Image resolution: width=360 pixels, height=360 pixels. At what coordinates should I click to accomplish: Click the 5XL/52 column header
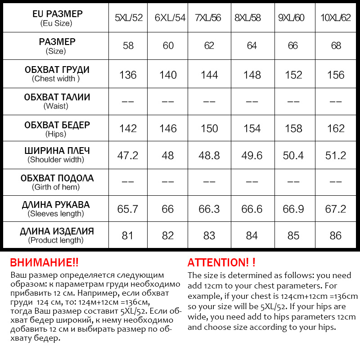click(129, 18)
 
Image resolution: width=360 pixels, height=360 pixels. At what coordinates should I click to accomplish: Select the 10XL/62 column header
click(335, 18)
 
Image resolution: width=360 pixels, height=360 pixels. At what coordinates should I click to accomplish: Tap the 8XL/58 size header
click(251, 18)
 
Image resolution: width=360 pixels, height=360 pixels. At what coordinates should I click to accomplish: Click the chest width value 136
click(128, 75)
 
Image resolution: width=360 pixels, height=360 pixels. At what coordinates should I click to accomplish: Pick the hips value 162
click(336, 129)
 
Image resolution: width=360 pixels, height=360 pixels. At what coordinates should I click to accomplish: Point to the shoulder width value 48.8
click(209, 156)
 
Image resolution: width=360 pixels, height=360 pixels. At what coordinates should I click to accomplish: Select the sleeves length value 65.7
click(128, 209)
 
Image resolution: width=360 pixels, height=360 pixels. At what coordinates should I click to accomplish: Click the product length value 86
click(336, 235)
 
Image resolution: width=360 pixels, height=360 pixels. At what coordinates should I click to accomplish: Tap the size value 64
click(252, 46)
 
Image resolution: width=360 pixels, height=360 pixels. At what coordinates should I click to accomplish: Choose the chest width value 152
click(293, 75)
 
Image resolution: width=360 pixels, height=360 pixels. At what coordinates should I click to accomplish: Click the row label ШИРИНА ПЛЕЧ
click(56, 151)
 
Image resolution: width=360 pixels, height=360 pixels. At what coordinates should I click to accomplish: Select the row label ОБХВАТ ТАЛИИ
click(56, 97)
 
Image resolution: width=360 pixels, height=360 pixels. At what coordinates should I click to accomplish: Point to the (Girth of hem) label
click(56, 187)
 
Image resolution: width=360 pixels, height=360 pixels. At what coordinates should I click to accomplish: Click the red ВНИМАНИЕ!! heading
click(44, 263)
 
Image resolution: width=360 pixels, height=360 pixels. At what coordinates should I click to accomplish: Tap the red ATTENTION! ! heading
click(221, 263)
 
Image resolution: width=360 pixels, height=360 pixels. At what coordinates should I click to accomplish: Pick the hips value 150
click(209, 129)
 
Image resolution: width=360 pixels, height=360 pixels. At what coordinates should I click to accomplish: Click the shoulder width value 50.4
click(293, 156)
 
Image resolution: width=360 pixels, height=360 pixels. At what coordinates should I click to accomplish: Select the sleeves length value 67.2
click(336, 209)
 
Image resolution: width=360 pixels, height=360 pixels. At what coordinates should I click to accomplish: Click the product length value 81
click(128, 235)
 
